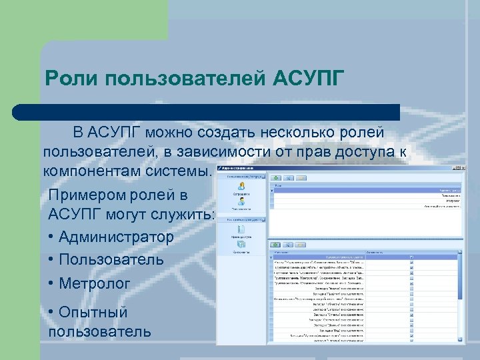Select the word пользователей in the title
(186, 79)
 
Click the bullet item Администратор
(117, 237)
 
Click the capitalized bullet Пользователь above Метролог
(111, 260)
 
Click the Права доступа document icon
(241, 229)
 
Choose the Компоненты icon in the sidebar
(241, 247)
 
